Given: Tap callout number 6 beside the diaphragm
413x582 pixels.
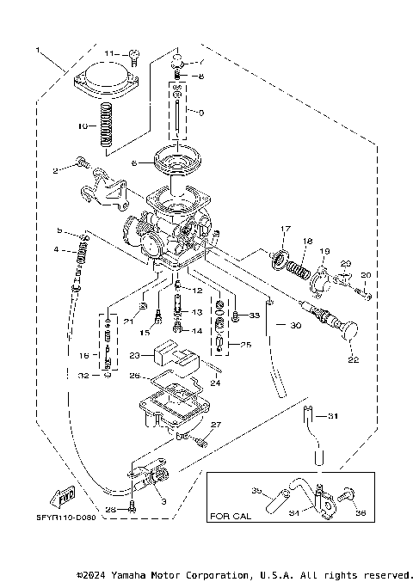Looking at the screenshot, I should pos(133,162).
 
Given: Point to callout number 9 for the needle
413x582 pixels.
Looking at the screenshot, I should pos(200,113).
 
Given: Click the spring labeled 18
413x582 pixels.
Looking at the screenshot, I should pos(297,268).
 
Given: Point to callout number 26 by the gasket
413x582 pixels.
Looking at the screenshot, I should pos(133,375).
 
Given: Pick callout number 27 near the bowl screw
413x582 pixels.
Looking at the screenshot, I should pos(216,425).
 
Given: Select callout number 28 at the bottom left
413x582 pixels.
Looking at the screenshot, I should pos(109,509).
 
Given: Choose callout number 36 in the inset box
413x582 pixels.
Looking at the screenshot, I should pos(361,514).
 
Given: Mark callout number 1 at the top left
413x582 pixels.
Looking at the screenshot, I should pos(37,50).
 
